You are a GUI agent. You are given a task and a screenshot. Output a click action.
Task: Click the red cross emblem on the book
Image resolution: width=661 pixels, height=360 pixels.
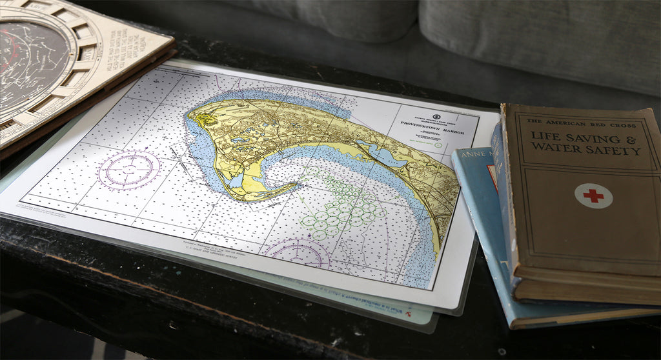point(593,195)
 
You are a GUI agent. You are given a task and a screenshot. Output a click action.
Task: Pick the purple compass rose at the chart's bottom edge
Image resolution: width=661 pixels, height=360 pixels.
point(298,252)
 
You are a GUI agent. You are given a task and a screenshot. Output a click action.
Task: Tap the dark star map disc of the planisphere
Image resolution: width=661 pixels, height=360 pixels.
point(29,65)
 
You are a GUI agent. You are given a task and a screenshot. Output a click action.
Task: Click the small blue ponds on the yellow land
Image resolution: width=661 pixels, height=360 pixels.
point(242,138)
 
